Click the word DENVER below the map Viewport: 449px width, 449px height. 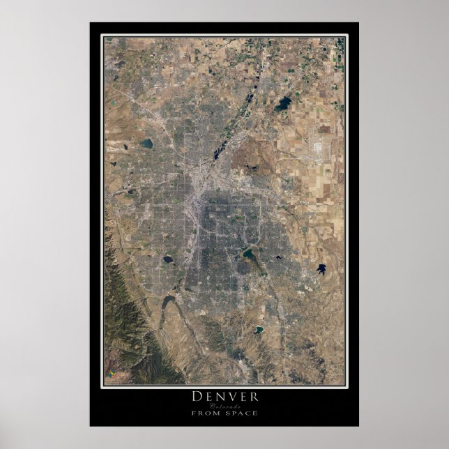(224, 397)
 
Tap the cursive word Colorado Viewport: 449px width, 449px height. (224, 406)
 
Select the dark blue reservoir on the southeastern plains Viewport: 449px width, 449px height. (321, 268)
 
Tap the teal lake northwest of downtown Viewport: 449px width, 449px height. (146, 143)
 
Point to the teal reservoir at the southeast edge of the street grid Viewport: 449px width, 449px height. (249, 255)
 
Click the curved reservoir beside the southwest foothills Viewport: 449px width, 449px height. (169, 303)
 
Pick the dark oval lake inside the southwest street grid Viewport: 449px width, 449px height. (167, 259)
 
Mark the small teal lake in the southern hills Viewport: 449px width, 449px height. (259, 329)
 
